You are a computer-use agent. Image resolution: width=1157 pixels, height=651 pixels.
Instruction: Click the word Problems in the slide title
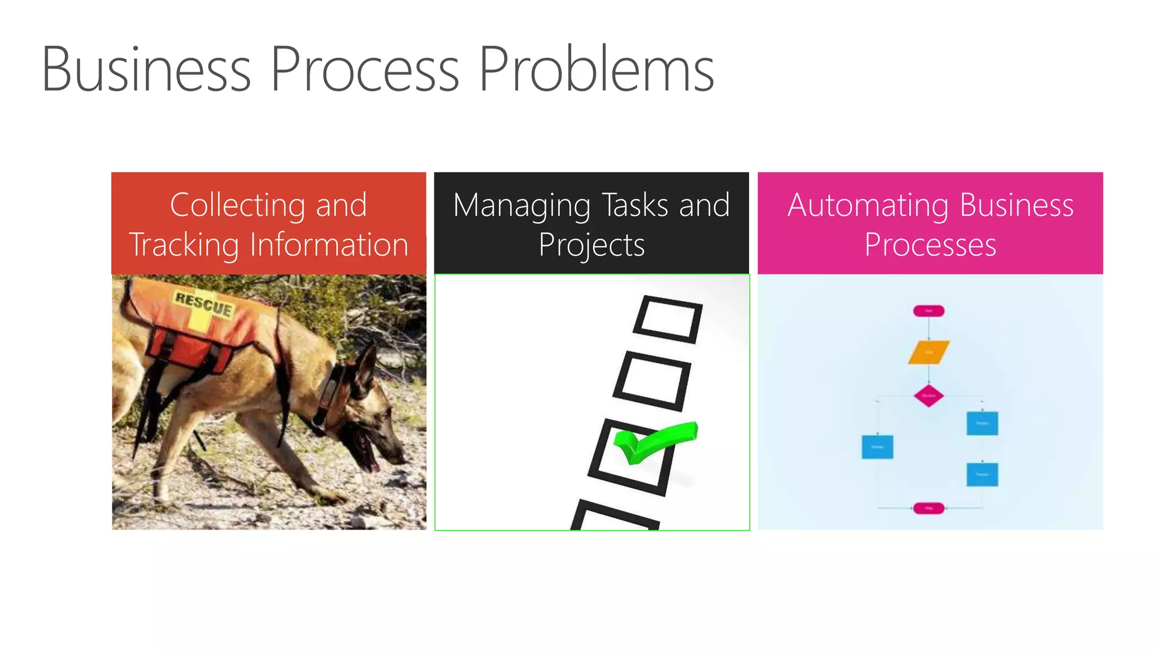point(596,69)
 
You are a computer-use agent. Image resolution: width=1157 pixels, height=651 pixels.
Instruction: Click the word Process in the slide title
point(364,69)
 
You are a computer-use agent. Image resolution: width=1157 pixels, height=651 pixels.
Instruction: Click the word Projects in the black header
point(591,245)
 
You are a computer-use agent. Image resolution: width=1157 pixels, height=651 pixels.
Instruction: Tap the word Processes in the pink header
point(930,245)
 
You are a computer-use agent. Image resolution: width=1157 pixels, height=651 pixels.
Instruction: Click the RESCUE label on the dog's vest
point(203,303)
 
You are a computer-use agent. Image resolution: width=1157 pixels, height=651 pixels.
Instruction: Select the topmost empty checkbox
point(668,319)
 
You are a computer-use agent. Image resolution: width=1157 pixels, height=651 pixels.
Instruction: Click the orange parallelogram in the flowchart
point(928,352)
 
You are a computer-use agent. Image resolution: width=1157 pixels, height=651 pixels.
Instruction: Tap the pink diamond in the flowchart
point(928,396)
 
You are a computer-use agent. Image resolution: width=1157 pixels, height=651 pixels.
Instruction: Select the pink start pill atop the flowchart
point(928,311)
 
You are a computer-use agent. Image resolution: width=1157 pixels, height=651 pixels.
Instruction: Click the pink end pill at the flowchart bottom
point(928,508)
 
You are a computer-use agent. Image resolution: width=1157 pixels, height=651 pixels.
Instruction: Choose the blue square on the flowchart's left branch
point(877,446)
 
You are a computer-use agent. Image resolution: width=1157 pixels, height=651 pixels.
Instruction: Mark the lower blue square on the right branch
point(982,474)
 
